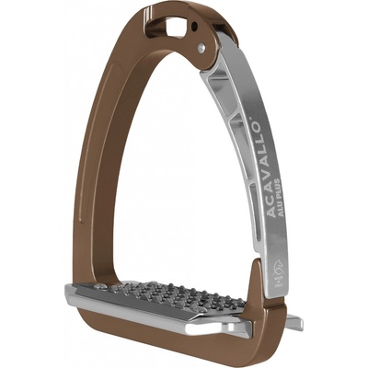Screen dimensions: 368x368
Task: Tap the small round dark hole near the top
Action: tap(194, 27)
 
